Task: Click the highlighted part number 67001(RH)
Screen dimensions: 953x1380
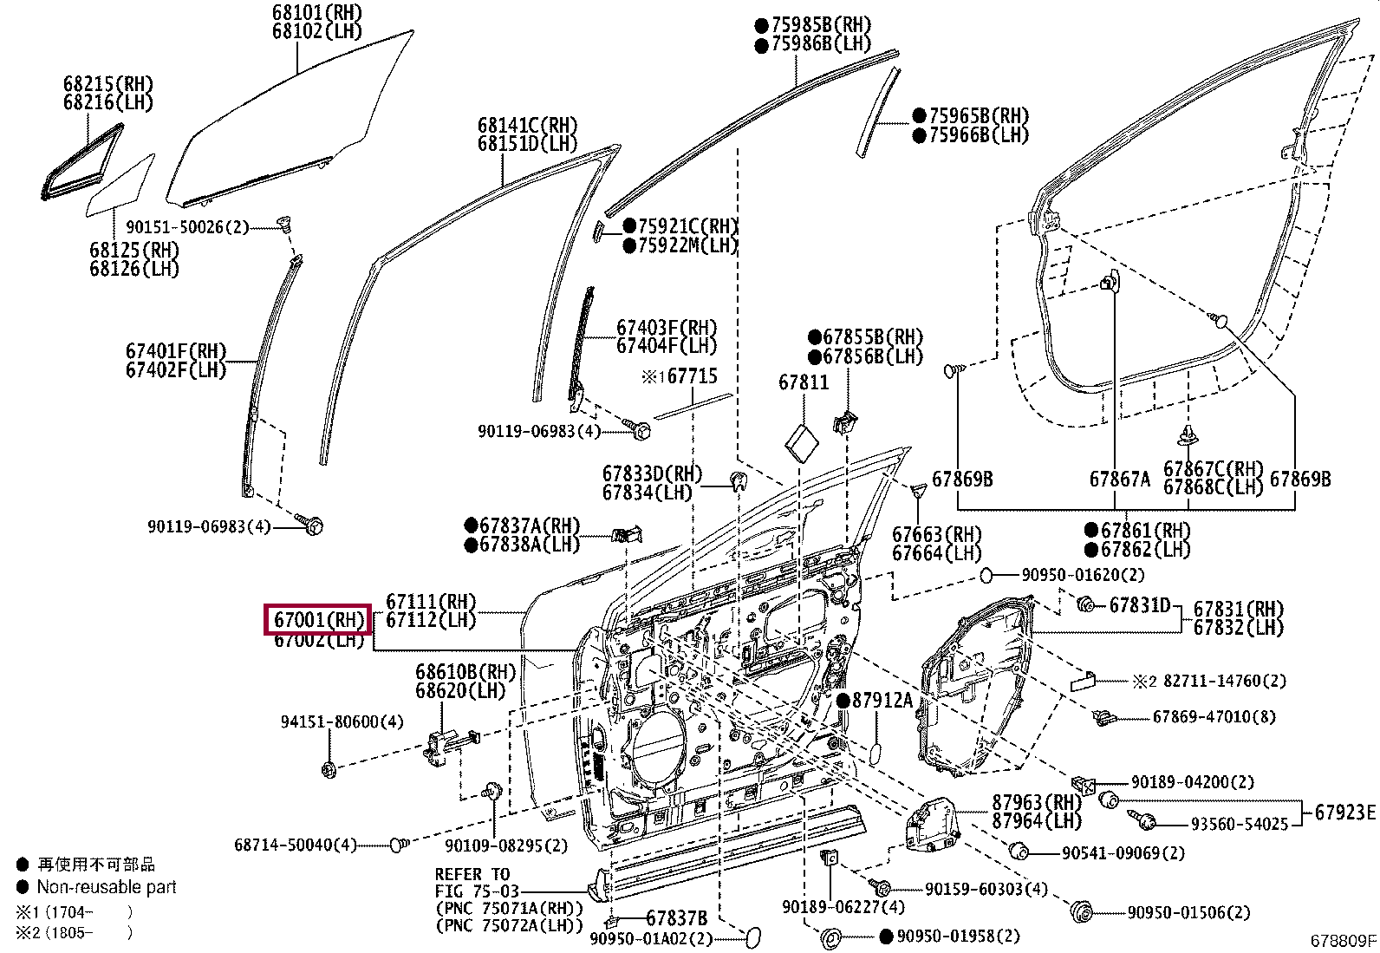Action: coord(317,619)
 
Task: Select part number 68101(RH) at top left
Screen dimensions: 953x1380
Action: coord(303,12)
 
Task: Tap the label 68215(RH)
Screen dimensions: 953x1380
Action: coord(107,84)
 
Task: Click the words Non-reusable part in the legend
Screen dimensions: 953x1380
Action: coord(107,887)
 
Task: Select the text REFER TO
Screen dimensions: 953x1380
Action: coord(472,873)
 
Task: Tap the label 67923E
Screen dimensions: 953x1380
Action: coord(1344,812)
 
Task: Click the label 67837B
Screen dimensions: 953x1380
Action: coord(676,918)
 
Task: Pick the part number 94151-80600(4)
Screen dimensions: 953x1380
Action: coord(342,721)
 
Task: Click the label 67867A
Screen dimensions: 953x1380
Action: coord(1119,479)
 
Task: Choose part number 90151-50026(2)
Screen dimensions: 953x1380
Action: coord(187,227)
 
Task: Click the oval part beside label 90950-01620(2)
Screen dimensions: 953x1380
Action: coord(986,575)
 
